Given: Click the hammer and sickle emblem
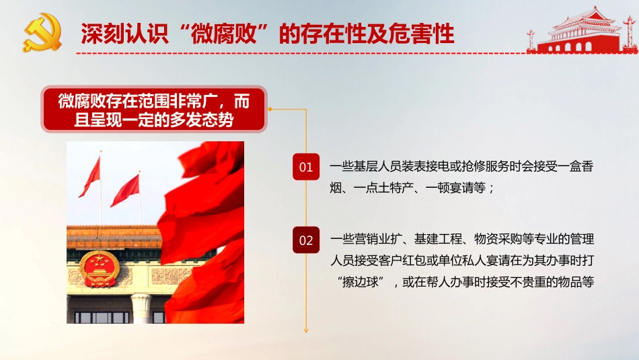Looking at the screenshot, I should pyautogui.click(x=42, y=33).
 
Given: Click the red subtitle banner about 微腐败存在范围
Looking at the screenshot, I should pyautogui.click(x=153, y=110).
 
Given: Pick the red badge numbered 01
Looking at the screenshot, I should pyautogui.click(x=306, y=167).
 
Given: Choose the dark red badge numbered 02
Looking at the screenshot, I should pyautogui.click(x=306, y=240).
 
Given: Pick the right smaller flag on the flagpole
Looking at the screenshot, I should pyautogui.click(x=126, y=190).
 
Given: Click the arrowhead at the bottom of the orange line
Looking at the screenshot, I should pyautogui.click(x=306, y=330).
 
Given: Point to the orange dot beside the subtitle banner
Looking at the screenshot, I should pyautogui.click(x=270, y=108).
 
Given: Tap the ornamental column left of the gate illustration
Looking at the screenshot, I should pyautogui.click(x=531, y=40).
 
